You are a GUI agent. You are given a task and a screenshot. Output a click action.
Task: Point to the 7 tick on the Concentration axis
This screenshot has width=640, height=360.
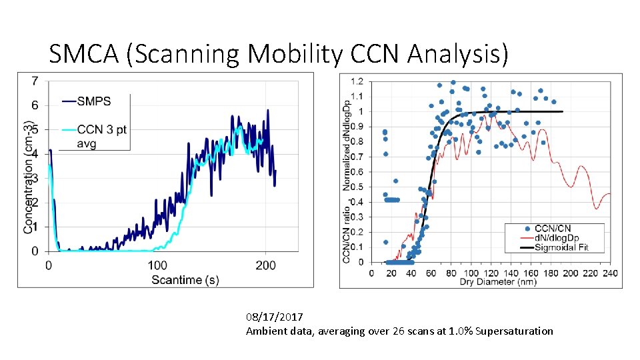tap(35, 81)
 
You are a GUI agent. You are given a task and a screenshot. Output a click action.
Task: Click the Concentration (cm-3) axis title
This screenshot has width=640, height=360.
tap(29, 177)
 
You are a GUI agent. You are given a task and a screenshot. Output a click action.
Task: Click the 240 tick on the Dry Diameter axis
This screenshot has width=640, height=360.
tap(609, 272)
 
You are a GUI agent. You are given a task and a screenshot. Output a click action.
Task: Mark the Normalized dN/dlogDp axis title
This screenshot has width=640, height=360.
tap(347, 140)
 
